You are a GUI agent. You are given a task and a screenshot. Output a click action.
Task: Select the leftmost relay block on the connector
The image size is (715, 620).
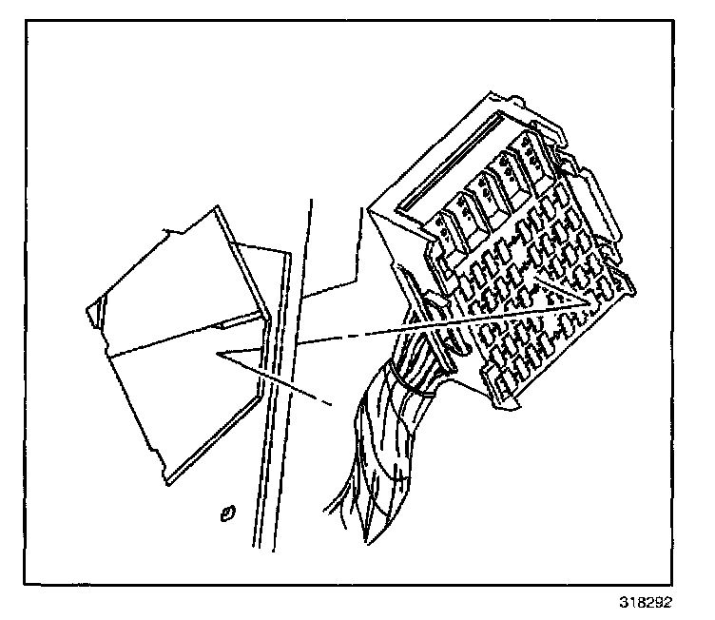[448, 228]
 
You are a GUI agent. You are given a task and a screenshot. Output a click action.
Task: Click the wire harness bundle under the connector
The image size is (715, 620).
[380, 447]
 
